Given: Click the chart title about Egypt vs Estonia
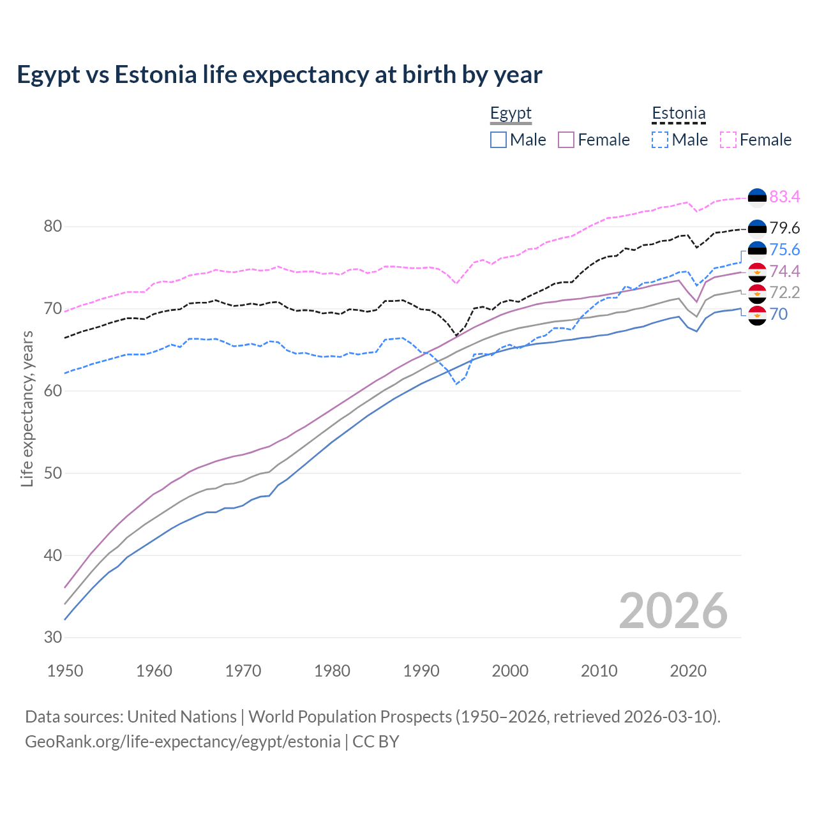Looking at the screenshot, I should [280, 75].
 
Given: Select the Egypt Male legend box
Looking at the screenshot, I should [498, 140].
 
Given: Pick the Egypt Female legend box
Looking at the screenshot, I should [566, 140].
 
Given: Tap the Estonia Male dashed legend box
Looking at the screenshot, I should [660, 140].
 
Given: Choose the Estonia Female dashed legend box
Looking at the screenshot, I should [728, 140].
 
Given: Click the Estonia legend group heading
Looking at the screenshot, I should [678, 114].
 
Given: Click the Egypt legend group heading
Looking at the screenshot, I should [511, 114].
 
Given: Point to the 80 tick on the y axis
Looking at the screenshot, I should [53, 227].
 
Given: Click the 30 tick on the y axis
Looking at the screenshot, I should [53, 637].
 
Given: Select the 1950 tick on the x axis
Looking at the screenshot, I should [65, 671].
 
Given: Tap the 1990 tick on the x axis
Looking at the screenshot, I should [421, 671].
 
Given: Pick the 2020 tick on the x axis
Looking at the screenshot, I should [688, 671].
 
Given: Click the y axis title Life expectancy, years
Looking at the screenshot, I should [27, 408].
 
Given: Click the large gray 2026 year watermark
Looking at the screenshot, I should [673, 611].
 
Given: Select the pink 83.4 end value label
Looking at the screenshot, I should [784, 197].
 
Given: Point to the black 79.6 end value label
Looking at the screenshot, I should [784, 228].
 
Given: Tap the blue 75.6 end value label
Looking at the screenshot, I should [784, 250].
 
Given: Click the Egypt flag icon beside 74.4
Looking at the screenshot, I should [757, 272].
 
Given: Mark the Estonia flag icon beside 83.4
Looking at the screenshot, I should [757, 197].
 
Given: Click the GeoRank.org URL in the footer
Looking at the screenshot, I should [183, 742].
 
